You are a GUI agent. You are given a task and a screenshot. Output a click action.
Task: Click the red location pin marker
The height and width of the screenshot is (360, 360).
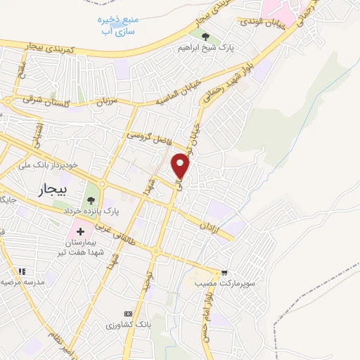(181, 166)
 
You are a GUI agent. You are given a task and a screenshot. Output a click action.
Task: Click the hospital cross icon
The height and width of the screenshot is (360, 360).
(80, 231)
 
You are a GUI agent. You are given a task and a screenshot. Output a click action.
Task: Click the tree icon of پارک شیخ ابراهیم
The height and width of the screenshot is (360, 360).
(205, 37)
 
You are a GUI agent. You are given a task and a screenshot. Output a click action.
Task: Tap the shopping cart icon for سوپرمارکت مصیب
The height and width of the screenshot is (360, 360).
(224, 271)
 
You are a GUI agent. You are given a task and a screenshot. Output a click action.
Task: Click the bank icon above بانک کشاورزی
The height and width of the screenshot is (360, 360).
(128, 313)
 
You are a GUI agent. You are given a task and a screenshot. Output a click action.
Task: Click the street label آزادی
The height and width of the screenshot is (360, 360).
(211, 229)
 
